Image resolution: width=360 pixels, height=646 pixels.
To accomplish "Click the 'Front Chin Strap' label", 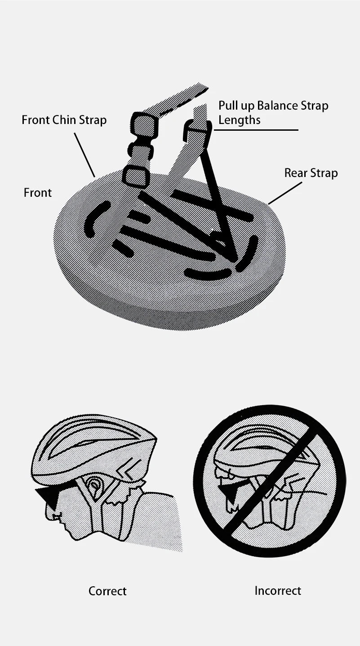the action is (x=64, y=120).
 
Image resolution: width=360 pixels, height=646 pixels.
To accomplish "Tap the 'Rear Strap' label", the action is (x=311, y=173).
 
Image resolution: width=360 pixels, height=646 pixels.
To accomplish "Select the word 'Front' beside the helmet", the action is (x=38, y=193).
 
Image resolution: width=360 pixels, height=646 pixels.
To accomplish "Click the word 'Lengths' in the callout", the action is (x=239, y=120).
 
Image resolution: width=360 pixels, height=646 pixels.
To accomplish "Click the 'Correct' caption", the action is (x=107, y=591).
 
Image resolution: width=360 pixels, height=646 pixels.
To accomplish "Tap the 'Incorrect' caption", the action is (x=278, y=591).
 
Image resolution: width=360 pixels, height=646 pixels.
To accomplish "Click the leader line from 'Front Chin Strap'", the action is (x=84, y=155).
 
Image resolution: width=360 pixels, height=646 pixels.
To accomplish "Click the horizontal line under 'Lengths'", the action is (x=256, y=130).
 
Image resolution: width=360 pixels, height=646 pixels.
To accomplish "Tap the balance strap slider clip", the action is (x=197, y=132).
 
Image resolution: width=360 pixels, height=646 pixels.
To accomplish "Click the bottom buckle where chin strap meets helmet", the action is (x=134, y=175).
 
